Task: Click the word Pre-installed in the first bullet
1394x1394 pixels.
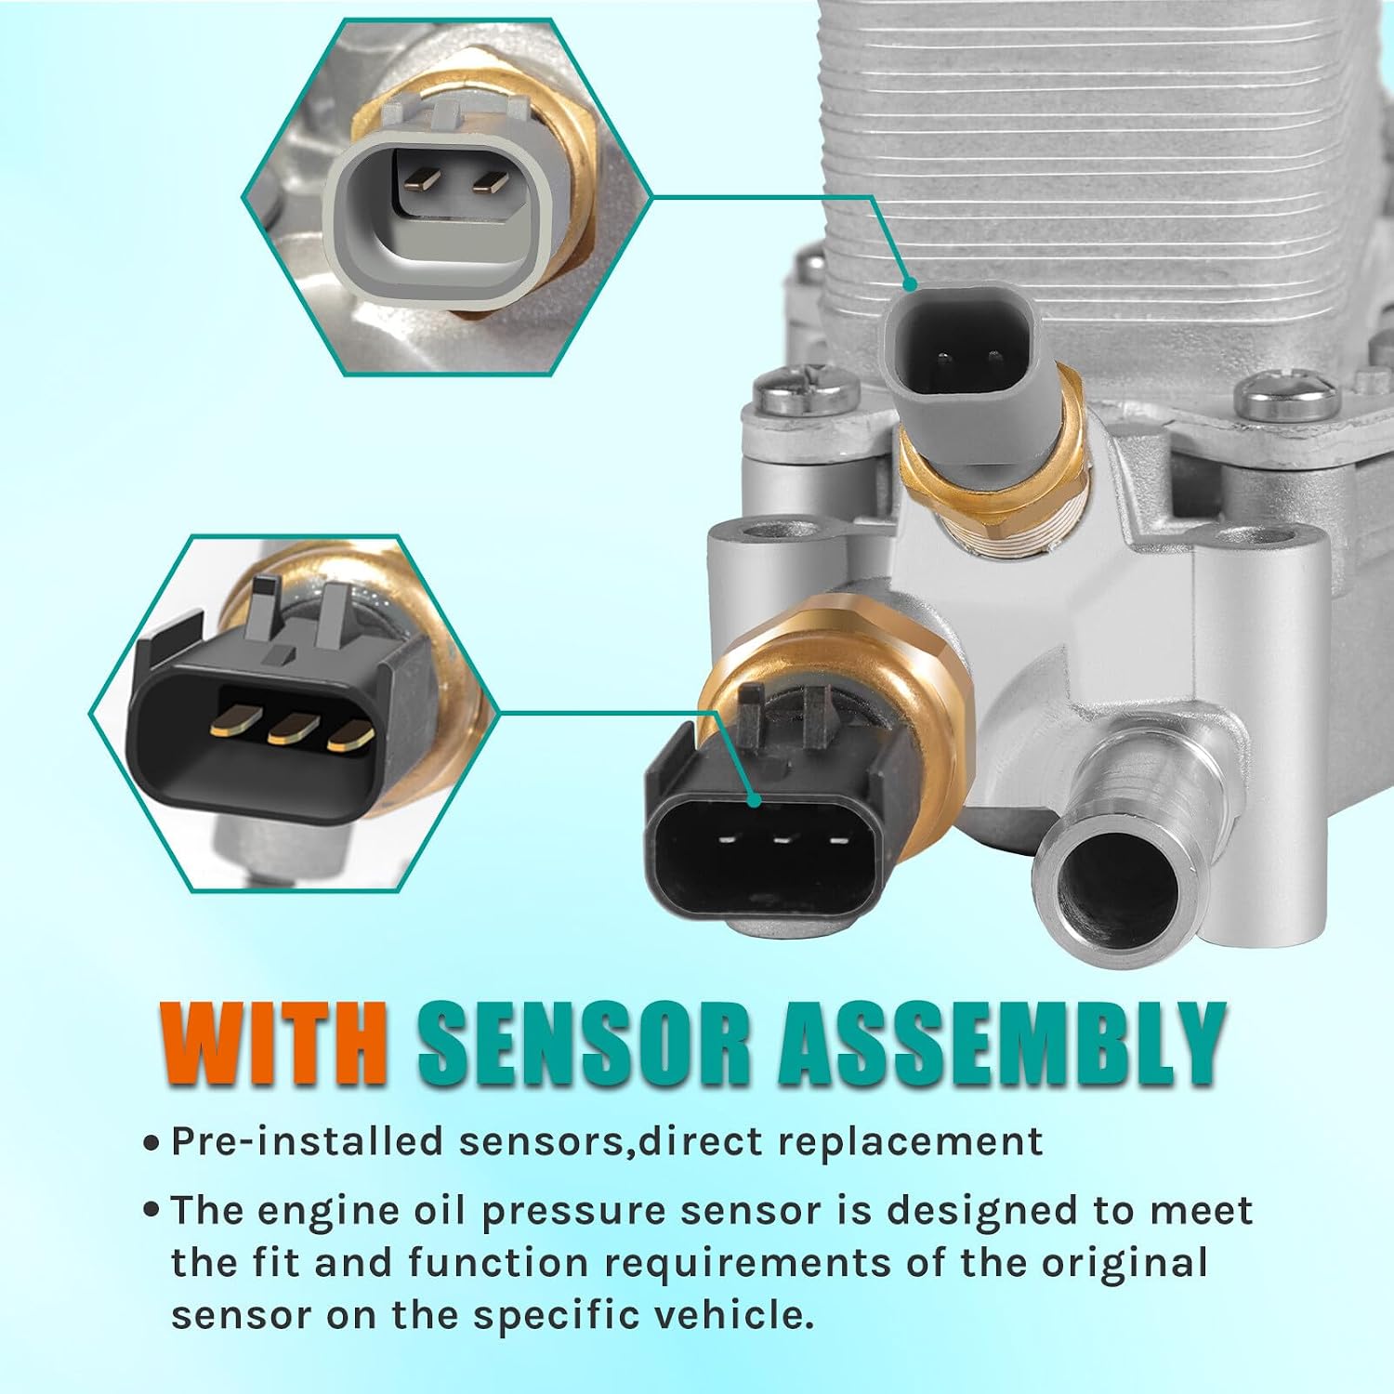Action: click(x=307, y=1141)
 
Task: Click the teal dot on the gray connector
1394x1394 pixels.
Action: click(x=910, y=284)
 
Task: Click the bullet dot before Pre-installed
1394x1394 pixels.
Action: click(x=151, y=1143)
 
